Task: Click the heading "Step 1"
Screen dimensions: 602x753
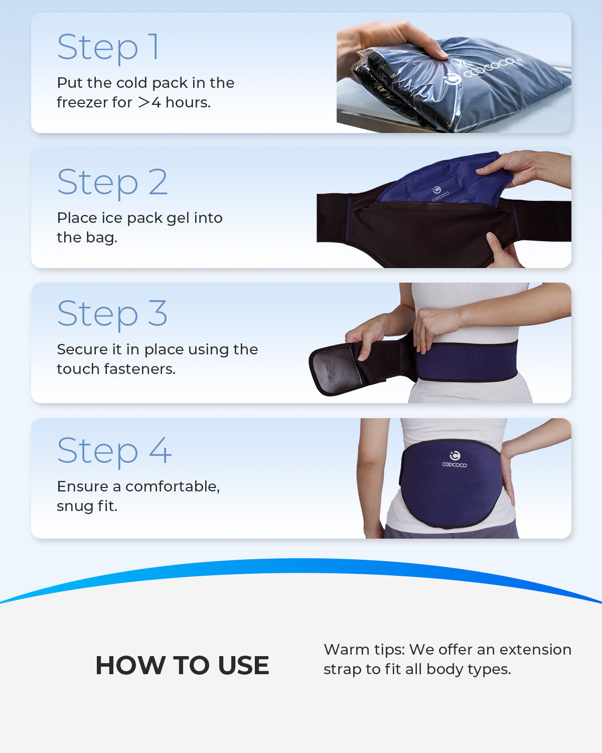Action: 108,48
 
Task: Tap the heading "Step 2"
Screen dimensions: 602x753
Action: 112,183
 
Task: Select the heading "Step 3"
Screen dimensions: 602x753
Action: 112,314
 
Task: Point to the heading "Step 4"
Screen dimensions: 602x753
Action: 114,451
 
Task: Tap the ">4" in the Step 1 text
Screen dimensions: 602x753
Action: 149,102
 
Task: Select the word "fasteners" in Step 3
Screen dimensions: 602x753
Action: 139,369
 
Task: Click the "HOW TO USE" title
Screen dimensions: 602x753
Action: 182,666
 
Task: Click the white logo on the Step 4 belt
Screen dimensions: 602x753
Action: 455,459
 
